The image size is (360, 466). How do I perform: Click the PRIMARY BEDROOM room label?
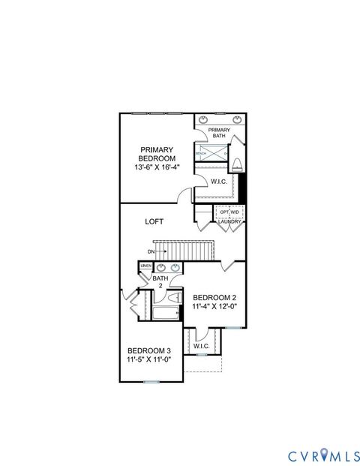pyautogui.click(x=157, y=154)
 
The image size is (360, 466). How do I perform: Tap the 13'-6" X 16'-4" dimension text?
pyautogui.click(x=157, y=168)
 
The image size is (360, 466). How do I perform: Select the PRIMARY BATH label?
pyautogui.click(x=219, y=133)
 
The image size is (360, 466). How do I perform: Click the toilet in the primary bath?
pyautogui.click(x=237, y=164)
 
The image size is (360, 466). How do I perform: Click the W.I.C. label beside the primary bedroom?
pyautogui.click(x=219, y=182)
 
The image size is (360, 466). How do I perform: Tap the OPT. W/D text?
pyautogui.click(x=229, y=212)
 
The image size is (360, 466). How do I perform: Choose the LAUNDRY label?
pyautogui.click(x=229, y=222)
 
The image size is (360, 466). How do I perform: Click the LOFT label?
pyautogui.click(x=154, y=221)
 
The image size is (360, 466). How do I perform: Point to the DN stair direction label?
pyautogui.click(x=151, y=251)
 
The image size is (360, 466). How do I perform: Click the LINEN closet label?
pyautogui.click(x=145, y=266)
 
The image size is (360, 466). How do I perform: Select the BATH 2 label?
pyautogui.click(x=160, y=281)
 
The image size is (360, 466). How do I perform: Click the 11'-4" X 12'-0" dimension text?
pyautogui.click(x=214, y=307)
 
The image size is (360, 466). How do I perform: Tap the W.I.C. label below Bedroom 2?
pyautogui.click(x=201, y=346)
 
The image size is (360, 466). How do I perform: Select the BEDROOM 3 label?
pyautogui.click(x=148, y=350)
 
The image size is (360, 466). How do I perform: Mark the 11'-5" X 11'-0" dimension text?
pyautogui.click(x=148, y=359)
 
